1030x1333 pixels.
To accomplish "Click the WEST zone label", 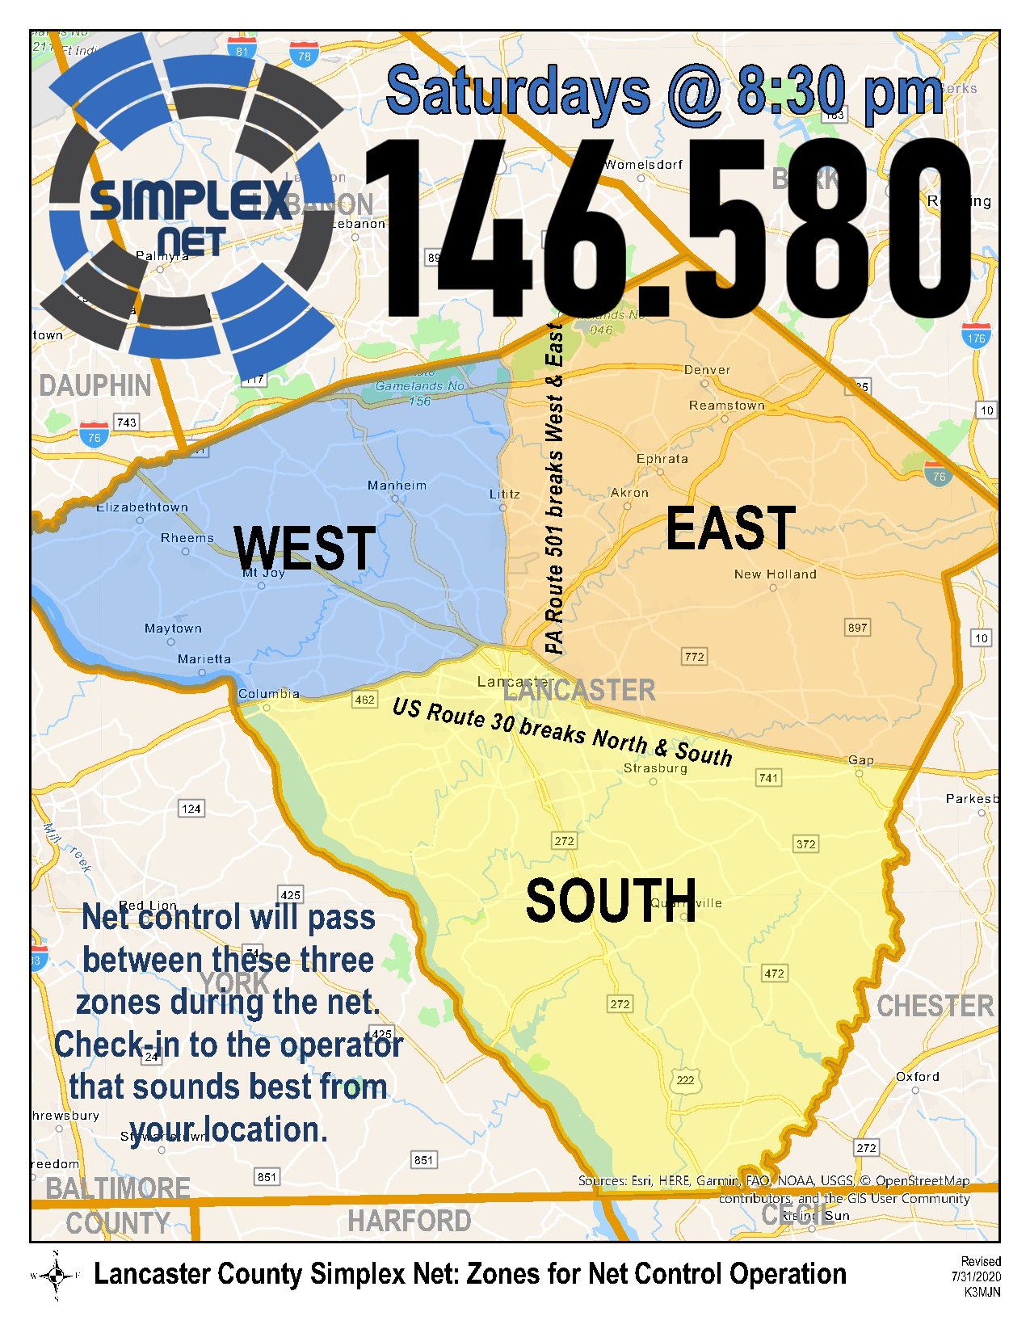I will pyautogui.click(x=305, y=549).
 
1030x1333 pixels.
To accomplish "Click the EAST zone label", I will pyautogui.click(x=730, y=529).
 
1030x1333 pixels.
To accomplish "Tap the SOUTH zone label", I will pyautogui.click(x=611, y=901).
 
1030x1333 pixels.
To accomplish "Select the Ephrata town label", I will pyautogui.click(x=662, y=459).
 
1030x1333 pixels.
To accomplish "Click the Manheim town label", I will pyautogui.click(x=397, y=486).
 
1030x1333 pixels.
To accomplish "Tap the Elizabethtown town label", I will pyautogui.click(x=142, y=507).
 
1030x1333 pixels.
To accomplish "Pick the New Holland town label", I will pyautogui.click(x=775, y=574).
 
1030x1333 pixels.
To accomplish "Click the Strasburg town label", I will pyautogui.click(x=655, y=768).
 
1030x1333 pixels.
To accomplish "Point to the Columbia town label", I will pyautogui.click(x=269, y=694).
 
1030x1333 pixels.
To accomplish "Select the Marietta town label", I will pyautogui.click(x=204, y=659).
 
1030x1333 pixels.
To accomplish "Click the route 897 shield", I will pyautogui.click(x=857, y=628).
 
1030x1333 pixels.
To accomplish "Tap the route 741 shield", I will pyautogui.click(x=768, y=778).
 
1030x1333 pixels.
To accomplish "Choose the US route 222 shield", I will pyautogui.click(x=685, y=1080).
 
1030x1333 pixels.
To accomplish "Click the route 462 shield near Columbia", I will pyautogui.click(x=365, y=700).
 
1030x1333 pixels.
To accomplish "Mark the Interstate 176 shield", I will pyautogui.click(x=977, y=337).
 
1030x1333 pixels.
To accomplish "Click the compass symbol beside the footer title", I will pyautogui.click(x=56, y=1276).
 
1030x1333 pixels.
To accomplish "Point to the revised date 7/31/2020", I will pyautogui.click(x=976, y=1277).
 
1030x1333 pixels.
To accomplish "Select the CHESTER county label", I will pyautogui.click(x=935, y=1007).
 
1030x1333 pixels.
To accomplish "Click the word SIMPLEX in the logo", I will pyautogui.click(x=191, y=200).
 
